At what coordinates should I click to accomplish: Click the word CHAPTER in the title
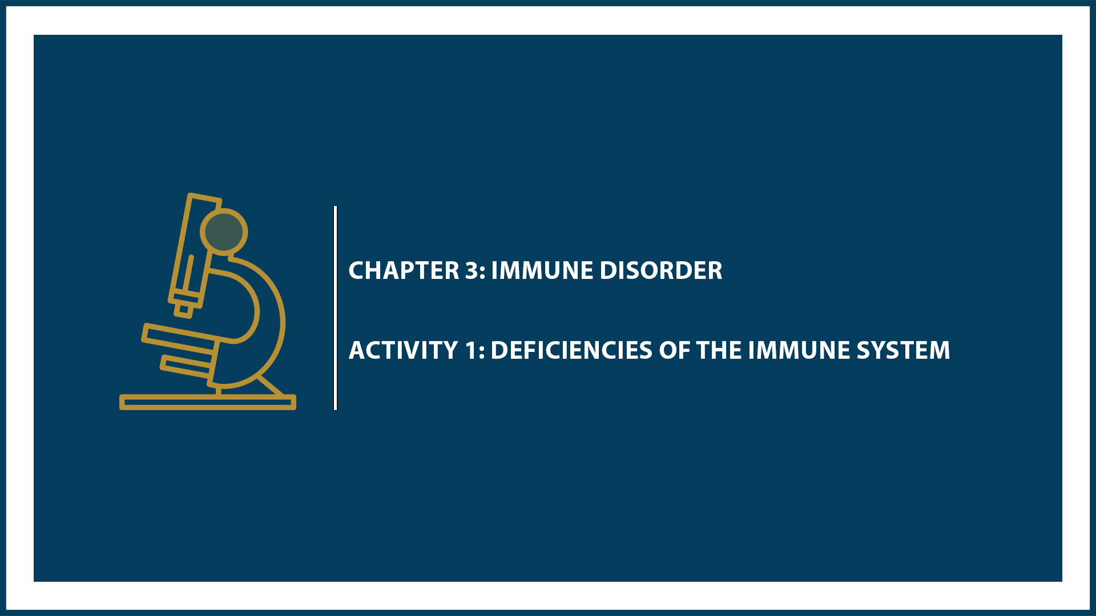404,271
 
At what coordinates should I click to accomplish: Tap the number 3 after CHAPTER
472,271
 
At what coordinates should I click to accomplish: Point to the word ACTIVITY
404,351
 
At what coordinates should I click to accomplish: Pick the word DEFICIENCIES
571,351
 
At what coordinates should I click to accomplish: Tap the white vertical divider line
336,308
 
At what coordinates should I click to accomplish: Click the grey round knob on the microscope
224,231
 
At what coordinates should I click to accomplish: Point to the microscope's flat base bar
207,403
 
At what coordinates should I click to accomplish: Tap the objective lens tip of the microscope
184,310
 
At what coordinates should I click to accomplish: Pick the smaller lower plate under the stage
186,366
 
